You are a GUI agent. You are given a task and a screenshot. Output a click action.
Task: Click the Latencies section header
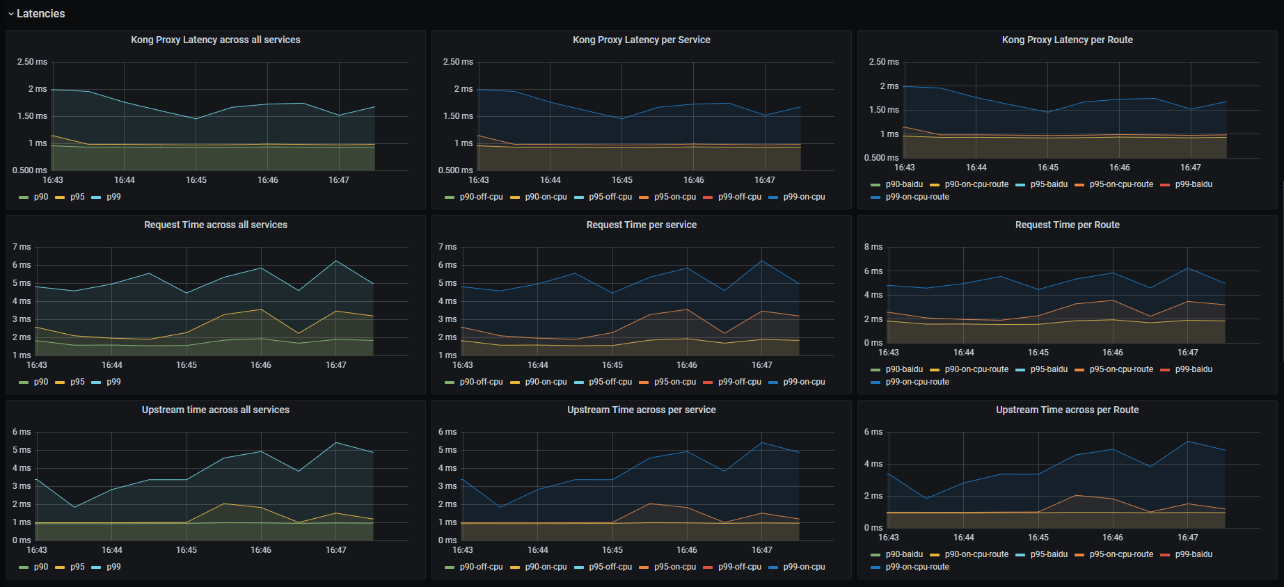point(40,13)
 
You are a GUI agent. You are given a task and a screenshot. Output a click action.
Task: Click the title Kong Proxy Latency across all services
point(216,40)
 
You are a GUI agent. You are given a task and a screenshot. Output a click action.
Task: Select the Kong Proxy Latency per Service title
point(641,40)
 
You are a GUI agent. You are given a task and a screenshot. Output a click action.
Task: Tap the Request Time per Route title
point(1067,225)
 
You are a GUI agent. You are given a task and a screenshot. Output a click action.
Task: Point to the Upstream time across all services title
point(216,410)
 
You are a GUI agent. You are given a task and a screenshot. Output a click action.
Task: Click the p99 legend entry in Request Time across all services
point(113,382)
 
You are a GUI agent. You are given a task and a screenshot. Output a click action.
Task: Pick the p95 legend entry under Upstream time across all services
point(77,567)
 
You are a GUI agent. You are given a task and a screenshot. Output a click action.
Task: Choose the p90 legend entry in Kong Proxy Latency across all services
point(41,197)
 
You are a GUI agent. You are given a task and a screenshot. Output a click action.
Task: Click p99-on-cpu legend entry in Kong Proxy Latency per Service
point(804,197)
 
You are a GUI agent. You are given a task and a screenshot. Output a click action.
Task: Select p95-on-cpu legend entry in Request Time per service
point(674,382)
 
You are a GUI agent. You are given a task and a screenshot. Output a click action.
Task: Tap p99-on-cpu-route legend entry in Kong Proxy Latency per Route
point(917,197)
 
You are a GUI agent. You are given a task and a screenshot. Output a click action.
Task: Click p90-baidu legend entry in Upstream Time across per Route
point(904,554)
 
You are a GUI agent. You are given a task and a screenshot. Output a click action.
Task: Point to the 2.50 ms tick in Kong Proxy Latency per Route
point(884,62)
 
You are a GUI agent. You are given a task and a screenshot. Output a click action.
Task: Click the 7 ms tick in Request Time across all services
point(22,247)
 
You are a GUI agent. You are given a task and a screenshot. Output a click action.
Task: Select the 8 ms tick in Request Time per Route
point(873,247)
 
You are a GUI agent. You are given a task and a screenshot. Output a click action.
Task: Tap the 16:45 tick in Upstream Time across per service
point(612,550)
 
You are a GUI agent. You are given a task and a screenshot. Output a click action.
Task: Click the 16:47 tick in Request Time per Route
point(1188,353)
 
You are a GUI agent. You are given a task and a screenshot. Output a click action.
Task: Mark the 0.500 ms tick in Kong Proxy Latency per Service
point(455,170)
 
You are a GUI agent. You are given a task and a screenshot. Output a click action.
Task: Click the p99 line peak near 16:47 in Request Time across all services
point(336,261)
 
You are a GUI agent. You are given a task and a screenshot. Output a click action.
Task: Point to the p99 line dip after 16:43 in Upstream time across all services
point(74,507)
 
